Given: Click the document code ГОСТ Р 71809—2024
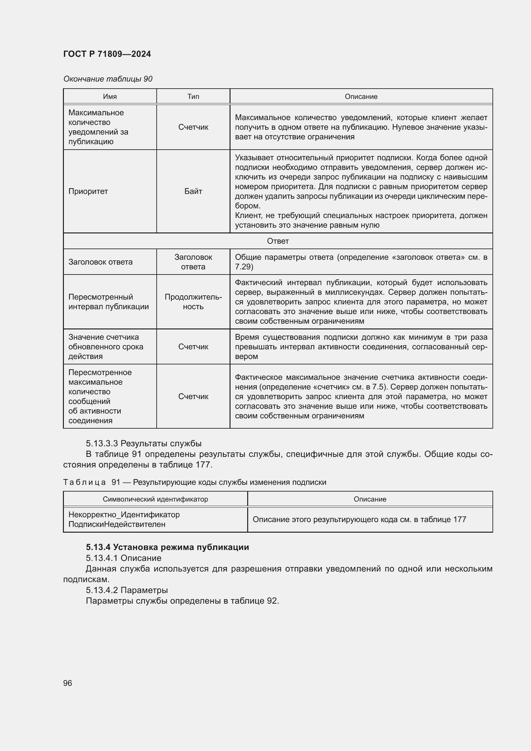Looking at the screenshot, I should point(107,54).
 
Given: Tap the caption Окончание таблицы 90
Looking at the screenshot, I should point(108,79).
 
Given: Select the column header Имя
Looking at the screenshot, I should point(109,97).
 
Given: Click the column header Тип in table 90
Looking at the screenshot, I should point(193,97).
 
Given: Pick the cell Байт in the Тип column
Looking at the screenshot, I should point(193,191).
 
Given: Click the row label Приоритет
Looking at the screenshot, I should point(88,191).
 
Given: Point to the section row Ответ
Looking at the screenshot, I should point(278,241).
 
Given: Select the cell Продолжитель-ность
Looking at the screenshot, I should point(193,301).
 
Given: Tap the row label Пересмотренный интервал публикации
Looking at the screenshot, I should point(108,301).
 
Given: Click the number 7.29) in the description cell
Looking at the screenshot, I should point(244,266).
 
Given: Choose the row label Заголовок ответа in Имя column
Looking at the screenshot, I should point(100,262).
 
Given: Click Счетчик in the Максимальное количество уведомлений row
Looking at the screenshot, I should point(193,127).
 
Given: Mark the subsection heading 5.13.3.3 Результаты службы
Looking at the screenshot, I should point(144,443).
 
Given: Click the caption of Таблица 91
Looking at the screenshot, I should point(195,482).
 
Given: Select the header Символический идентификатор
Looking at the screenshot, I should point(155,499).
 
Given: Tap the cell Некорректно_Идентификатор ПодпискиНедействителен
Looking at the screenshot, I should point(124,520).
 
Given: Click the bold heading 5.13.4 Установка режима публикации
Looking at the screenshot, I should point(167,547).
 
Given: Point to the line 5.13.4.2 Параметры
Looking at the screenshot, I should point(127,590).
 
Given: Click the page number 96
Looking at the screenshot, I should point(67,683).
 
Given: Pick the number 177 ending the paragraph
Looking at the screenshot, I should point(205,465).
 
